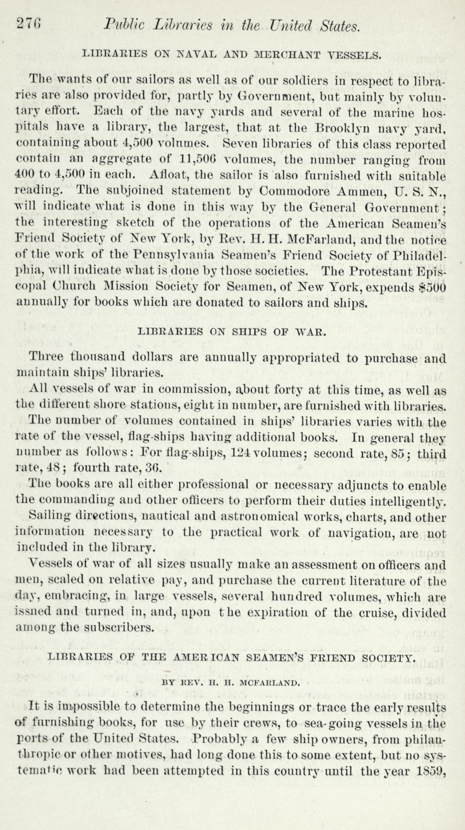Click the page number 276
(29, 25)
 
